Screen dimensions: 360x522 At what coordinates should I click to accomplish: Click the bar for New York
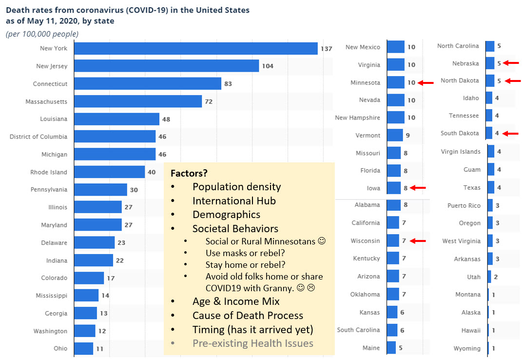(x=196, y=48)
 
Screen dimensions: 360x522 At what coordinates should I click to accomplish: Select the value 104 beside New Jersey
(x=268, y=66)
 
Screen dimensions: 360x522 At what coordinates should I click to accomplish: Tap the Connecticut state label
(x=50, y=84)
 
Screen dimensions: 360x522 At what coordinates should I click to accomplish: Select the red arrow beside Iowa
(x=419, y=187)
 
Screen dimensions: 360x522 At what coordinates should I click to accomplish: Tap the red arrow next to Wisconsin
(x=419, y=240)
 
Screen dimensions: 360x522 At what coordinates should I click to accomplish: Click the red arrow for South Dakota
(x=511, y=133)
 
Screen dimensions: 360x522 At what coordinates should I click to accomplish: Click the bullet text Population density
(x=236, y=187)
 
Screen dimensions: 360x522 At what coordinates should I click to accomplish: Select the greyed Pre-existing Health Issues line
(x=252, y=343)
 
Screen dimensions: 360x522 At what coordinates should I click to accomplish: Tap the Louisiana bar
(x=117, y=119)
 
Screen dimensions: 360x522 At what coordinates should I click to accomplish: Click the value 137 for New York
(x=326, y=49)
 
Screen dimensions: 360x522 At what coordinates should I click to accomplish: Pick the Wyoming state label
(x=467, y=348)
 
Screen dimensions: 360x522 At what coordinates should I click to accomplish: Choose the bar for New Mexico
(x=396, y=47)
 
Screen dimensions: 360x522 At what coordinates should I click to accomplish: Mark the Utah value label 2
(x=495, y=277)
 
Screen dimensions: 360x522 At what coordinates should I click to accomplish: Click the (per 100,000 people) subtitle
(x=42, y=34)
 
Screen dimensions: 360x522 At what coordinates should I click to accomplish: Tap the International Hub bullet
(x=234, y=200)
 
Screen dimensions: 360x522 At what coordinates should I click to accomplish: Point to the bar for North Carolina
(x=490, y=46)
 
